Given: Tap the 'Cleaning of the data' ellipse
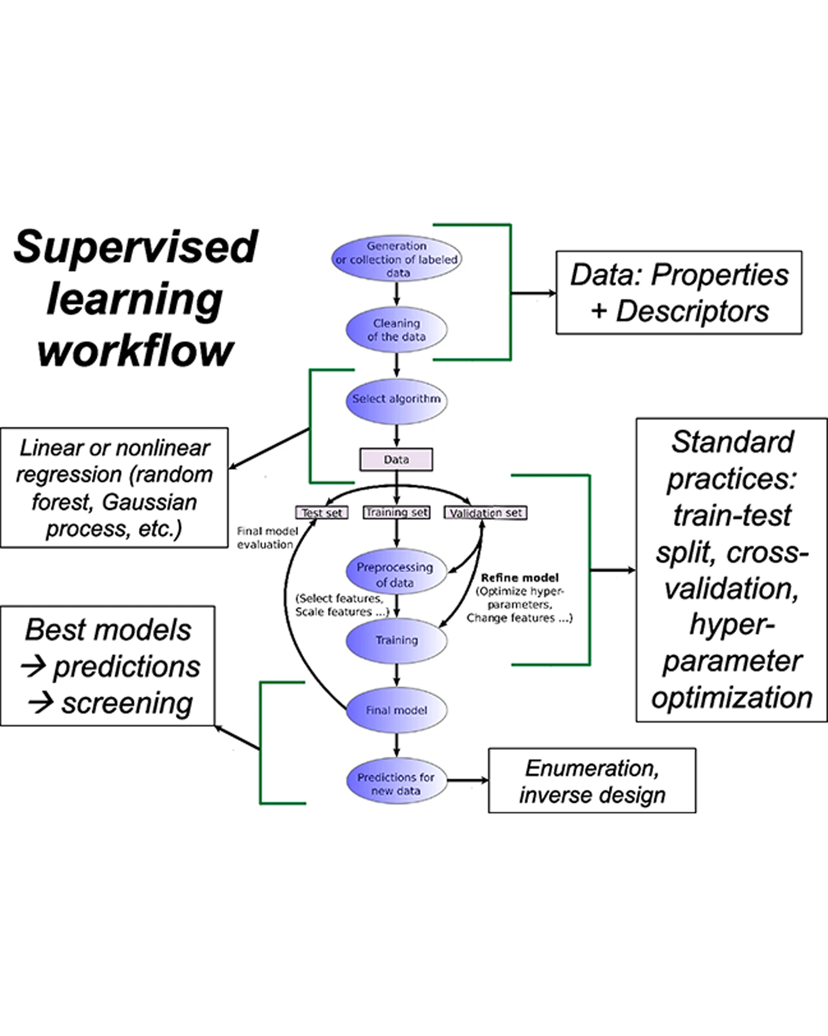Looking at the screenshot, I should pyautogui.click(x=396, y=330).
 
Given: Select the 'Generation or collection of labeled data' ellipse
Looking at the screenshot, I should pyautogui.click(x=396, y=259).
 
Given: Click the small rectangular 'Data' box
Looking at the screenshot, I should pyautogui.click(x=396, y=460).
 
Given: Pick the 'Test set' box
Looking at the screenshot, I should pyautogui.click(x=322, y=513).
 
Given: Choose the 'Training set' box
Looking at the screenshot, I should pyautogui.click(x=396, y=512).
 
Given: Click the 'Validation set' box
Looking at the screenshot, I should pyautogui.click(x=485, y=513).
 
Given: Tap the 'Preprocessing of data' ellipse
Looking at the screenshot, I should pyautogui.click(x=395, y=574).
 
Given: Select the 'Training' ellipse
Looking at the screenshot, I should pyautogui.click(x=396, y=640).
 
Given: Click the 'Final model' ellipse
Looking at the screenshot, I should pyautogui.click(x=396, y=710).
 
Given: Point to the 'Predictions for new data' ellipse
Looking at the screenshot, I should pyautogui.click(x=396, y=784).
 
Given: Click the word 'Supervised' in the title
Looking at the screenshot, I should pyautogui.click(x=135, y=247).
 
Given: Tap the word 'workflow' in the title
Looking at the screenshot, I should pyautogui.click(x=135, y=351).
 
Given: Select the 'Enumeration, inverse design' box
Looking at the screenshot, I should pyautogui.click(x=592, y=781).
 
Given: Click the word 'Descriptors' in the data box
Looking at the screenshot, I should pyautogui.click(x=692, y=311).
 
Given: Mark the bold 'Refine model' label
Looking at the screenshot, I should pyautogui.click(x=519, y=578).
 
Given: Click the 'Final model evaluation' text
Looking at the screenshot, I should pyautogui.click(x=266, y=538).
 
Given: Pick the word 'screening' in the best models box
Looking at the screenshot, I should pyautogui.click(x=126, y=703).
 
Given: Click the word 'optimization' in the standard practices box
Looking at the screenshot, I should pyautogui.click(x=731, y=698).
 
